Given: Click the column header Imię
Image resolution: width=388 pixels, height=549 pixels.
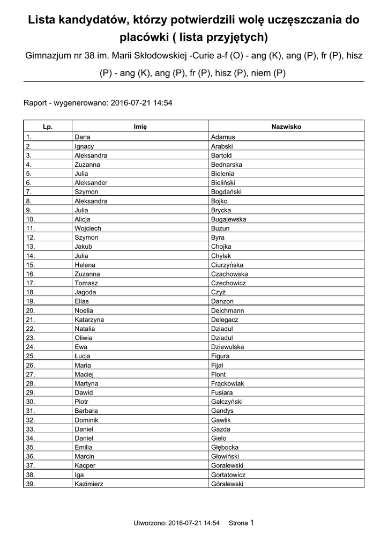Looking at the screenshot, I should pos(140,127).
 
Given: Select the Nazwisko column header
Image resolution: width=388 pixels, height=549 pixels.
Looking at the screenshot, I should pos(286,127).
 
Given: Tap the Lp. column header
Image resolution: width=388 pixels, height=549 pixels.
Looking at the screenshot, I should pos(48,127).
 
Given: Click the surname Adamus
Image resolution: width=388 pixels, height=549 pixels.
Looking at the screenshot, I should pos(223,137).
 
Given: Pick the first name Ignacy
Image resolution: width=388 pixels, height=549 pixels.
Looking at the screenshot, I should pos(84,146).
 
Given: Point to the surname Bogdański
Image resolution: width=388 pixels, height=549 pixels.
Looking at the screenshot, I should pos(226,192).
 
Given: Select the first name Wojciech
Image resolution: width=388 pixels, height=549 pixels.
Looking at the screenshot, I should pos(87,228).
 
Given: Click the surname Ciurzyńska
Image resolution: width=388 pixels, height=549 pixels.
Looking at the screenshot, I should pos(227,265).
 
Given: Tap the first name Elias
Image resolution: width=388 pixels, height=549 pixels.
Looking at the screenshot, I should pos(83,301).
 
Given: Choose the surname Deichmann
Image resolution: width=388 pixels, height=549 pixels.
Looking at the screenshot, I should pos(227,310).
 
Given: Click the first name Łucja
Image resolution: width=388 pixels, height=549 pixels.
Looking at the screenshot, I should pos(83,356).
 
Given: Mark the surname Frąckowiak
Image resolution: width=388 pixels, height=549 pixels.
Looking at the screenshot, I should pos(227,383).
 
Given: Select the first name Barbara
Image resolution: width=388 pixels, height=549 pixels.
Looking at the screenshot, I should pos(86,411).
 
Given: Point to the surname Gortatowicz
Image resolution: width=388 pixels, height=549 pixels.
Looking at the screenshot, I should pos(228,474).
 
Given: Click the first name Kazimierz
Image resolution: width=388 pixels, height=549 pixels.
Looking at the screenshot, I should pos(89,484).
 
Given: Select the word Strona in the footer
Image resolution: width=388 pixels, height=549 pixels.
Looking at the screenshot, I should pos(238,523).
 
